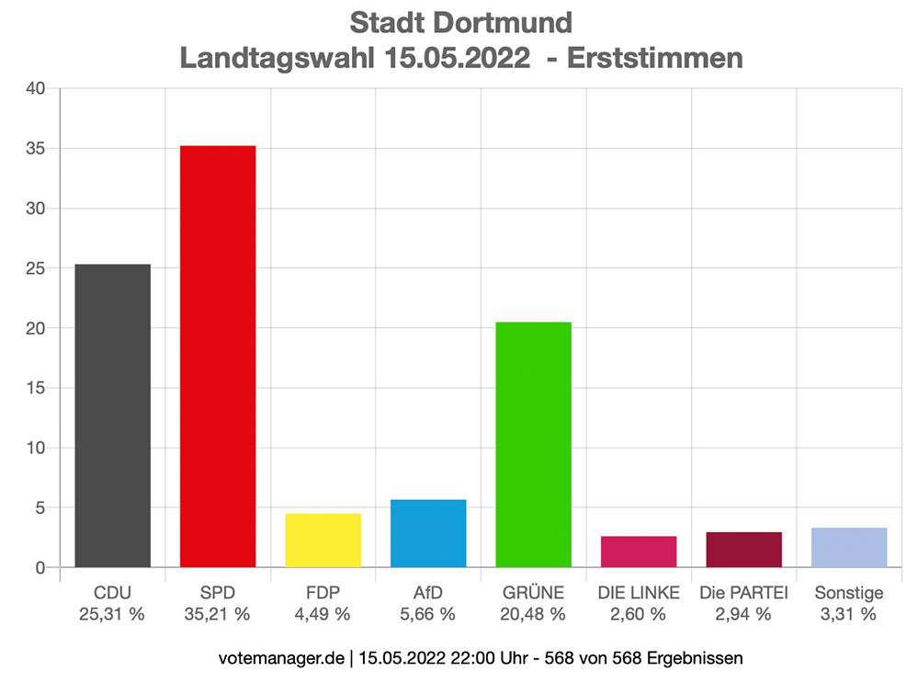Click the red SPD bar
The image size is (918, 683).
[218, 357]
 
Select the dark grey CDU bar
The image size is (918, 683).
[112, 415]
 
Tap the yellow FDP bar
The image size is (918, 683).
[323, 541]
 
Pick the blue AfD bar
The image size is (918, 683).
[428, 533]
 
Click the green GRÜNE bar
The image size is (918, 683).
[533, 445]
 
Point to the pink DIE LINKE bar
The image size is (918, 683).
[639, 552]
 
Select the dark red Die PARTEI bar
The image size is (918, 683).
[743, 550]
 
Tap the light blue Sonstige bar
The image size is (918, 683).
[849, 548]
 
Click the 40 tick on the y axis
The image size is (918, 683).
[36, 89]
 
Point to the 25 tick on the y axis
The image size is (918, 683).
[36, 268]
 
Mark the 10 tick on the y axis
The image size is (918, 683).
[36, 448]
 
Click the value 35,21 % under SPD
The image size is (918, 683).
[218, 615]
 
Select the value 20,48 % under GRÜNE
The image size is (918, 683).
[533, 615]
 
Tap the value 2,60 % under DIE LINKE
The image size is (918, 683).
[639, 615]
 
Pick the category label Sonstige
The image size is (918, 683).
[849, 593]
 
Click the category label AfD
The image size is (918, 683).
[428, 593]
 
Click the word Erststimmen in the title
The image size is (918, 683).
[655, 58]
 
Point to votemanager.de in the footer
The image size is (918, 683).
[282, 658]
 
